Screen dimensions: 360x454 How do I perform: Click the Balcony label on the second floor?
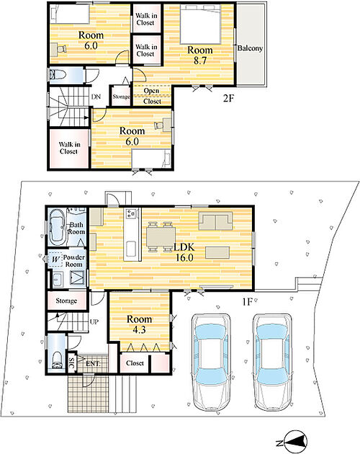(250, 48)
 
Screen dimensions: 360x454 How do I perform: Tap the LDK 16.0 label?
(184, 252)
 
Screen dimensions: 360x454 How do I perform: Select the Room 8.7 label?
(200, 55)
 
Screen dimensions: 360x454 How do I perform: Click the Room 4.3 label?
(139, 324)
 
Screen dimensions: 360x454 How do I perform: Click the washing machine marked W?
(55, 259)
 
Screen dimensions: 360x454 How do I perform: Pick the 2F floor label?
(228, 99)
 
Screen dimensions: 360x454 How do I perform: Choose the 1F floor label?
(248, 302)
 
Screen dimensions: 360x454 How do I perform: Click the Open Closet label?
(152, 96)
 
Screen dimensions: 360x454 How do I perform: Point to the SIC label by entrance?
(72, 362)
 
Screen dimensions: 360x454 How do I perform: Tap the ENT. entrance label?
(93, 363)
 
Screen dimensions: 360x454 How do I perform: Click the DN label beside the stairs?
(96, 97)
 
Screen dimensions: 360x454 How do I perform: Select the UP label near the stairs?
(94, 321)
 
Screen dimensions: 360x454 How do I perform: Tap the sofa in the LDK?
(215, 221)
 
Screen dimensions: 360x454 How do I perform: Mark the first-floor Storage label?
(66, 301)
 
